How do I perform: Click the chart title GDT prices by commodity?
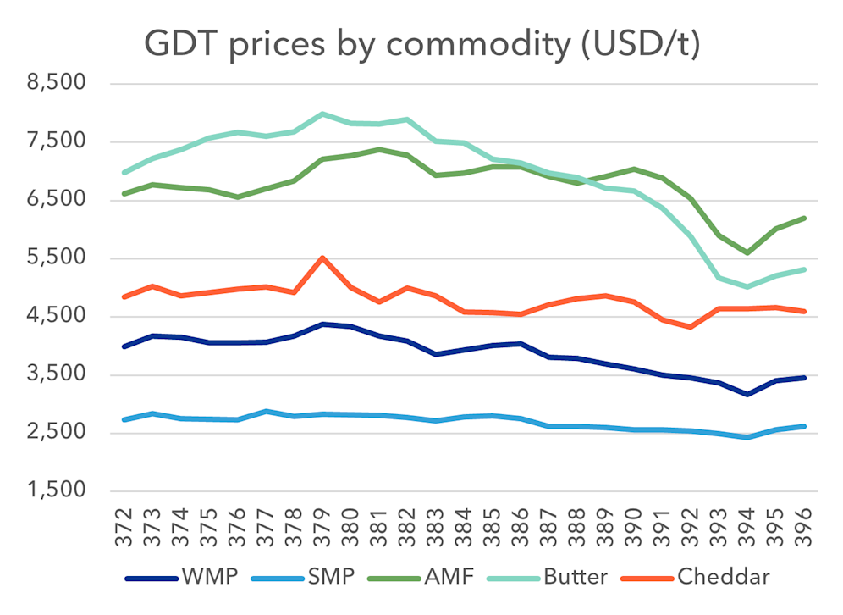coord(421,44)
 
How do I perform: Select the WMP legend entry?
coord(181,579)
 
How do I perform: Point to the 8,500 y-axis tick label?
coord(58,84)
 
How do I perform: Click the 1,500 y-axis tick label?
coord(58,491)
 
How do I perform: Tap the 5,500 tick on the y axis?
coord(58,258)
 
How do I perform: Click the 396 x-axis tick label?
coord(802,527)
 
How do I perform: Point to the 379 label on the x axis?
coord(322,527)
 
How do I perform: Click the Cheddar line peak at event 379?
coord(322,258)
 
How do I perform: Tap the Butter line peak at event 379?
coord(322,114)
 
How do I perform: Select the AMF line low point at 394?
coord(747,252)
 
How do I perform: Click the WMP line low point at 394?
coord(747,395)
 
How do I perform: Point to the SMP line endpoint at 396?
coord(802,426)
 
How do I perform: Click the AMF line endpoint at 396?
coord(802,218)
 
